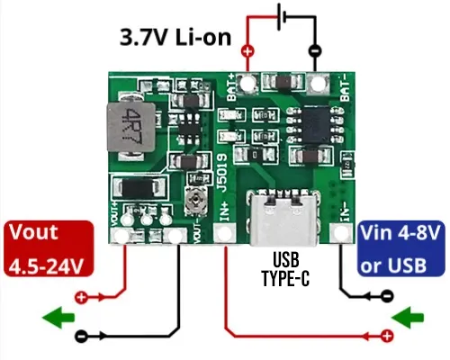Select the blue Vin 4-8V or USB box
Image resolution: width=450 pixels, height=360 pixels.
tap(401, 249)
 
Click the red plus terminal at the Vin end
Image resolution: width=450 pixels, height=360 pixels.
tap(387, 336)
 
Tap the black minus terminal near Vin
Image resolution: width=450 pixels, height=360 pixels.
tap(387, 294)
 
